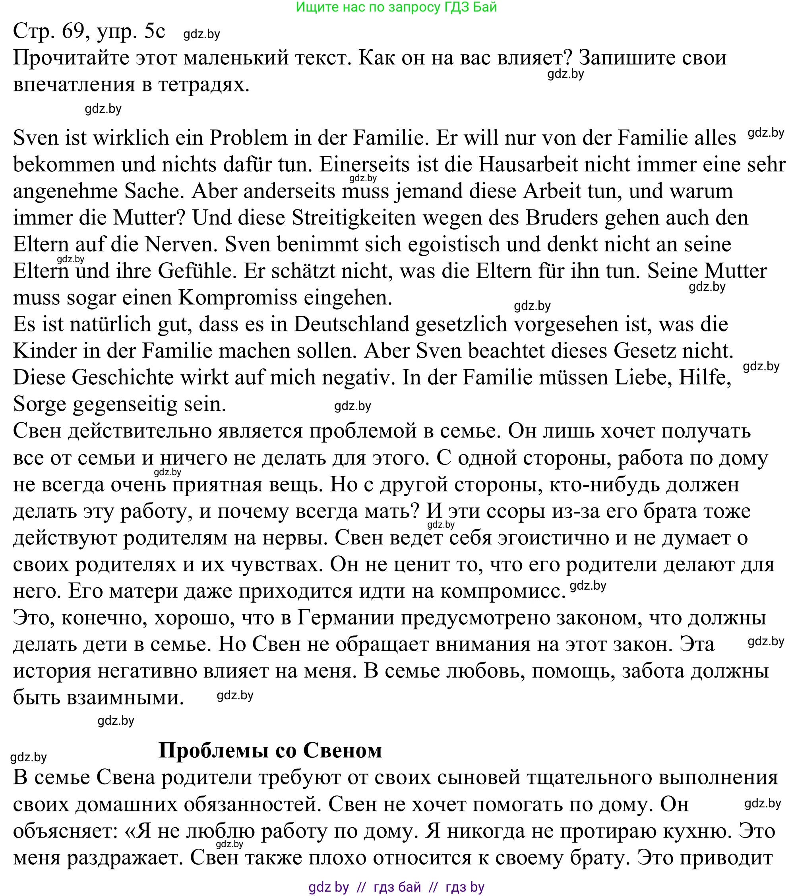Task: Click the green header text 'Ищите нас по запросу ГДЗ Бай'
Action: tap(396, 7)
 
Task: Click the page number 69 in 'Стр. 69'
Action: tap(73, 31)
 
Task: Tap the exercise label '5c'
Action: tap(154, 31)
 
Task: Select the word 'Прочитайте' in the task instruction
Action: tap(71, 58)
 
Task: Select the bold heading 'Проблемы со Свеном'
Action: tap(270, 751)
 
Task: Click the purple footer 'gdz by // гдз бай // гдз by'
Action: tap(396, 887)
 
